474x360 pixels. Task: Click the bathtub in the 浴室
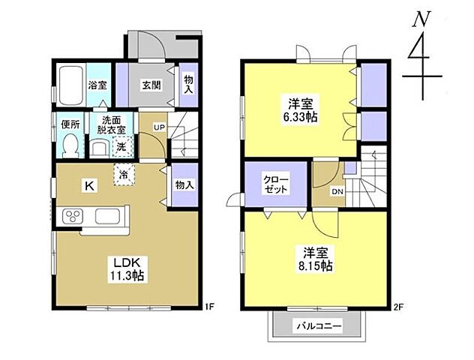[71, 85]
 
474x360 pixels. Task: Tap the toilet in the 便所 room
[70, 145]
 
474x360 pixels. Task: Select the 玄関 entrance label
[151, 85]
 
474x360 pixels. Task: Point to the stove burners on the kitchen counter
[73, 216]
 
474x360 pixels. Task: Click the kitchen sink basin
[107, 216]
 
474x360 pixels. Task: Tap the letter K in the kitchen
[89, 185]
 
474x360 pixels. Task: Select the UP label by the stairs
[159, 127]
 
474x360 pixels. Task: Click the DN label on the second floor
[337, 191]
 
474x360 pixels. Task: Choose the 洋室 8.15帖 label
[316, 259]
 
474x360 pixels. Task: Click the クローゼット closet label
[276, 184]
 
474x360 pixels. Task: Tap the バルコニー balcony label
[319, 326]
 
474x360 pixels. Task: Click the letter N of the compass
[421, 19]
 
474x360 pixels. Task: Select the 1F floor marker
[208, 307]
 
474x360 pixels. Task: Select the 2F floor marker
[398, 307]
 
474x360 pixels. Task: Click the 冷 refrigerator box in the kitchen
[124, 175]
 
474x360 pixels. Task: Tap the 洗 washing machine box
[122, 147]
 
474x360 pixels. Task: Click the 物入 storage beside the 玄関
[189, 85]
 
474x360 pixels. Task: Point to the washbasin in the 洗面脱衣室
[99, 148]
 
